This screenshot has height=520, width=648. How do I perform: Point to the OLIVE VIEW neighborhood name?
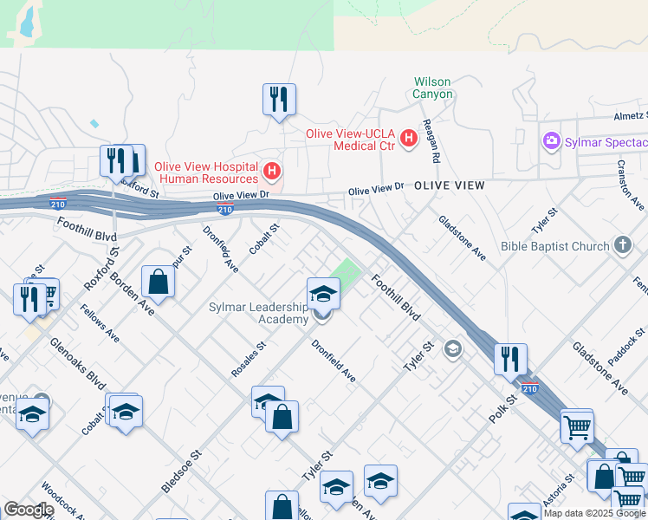tap(449, 186)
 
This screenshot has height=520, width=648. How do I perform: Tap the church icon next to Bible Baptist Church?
tap(622, 246)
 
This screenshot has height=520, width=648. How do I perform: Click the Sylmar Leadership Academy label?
tap(258, 313)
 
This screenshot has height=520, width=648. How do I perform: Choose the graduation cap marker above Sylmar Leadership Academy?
tap(323, 293)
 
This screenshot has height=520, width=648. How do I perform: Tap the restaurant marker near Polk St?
tap(510, 358)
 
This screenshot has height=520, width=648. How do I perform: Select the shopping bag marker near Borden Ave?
tap(158, 281)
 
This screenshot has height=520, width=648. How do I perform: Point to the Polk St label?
tap(502, 408)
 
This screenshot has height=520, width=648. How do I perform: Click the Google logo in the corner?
tap(29, 509)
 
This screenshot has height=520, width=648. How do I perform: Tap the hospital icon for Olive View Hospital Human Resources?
tap(273, 171)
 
